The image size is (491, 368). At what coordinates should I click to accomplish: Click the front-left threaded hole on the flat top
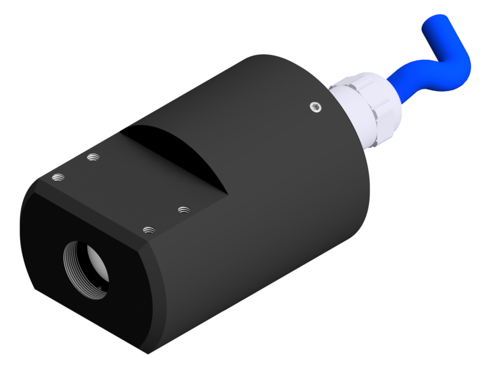(58, 178)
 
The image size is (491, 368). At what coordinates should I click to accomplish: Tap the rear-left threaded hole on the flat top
(93, 157)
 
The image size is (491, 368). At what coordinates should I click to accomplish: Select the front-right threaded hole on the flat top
(150, 230)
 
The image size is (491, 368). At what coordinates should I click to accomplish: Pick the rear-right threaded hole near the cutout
(184, 210)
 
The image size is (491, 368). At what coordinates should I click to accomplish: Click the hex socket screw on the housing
(315, 107)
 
